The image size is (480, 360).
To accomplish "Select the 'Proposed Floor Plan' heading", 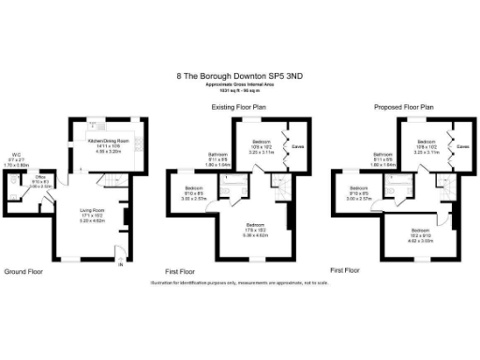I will coord(403,107).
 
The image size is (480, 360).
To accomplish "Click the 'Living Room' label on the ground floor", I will coord(91,211).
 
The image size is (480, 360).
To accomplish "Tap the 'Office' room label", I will coord(41,176).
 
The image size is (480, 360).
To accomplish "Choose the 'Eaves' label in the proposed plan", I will coord(462,147).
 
